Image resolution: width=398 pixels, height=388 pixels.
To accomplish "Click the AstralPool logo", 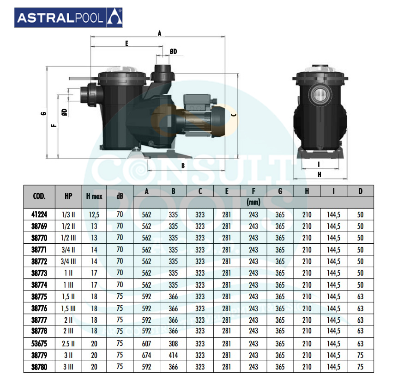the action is [68, 18].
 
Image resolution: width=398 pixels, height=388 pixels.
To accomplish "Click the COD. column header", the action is [39, 196].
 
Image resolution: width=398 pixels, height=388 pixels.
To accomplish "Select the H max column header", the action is [94, 196].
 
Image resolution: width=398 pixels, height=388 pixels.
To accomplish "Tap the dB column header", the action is [120, 196].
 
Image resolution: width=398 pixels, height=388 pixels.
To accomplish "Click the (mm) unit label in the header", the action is [253, 203].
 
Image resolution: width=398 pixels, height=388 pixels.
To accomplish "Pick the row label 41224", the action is [39, 215].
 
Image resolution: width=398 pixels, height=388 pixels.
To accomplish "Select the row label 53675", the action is [39, 344].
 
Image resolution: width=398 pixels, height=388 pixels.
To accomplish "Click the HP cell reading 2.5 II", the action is [68, 344].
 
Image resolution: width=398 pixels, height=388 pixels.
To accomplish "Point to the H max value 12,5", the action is [94, 215].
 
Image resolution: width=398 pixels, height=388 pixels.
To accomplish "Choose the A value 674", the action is [146, 356].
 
